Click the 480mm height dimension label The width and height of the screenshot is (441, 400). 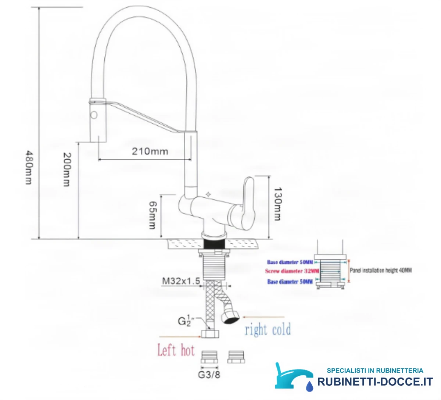[29, 167]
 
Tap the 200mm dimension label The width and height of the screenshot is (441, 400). [67, 169]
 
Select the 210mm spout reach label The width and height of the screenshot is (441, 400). [150, 151]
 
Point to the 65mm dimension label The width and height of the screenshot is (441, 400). [153, 215]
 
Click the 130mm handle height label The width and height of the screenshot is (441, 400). [277, 204]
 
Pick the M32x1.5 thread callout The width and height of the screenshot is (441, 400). [181, 281]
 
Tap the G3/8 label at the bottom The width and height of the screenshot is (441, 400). [209, 375]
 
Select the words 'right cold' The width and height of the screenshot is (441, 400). [268, 329]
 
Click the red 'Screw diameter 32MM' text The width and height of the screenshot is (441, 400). [292, 271]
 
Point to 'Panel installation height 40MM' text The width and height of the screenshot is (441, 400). [380, 270]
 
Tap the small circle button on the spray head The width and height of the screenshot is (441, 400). [94, 115]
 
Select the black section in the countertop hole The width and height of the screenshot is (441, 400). [214, 244]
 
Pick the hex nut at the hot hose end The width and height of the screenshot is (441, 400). [210, 334]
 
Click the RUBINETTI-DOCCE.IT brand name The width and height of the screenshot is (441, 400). [375, 382]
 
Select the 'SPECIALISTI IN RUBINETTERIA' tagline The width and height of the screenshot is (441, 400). [375, 371]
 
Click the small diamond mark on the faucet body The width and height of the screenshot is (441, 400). [208, 194]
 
